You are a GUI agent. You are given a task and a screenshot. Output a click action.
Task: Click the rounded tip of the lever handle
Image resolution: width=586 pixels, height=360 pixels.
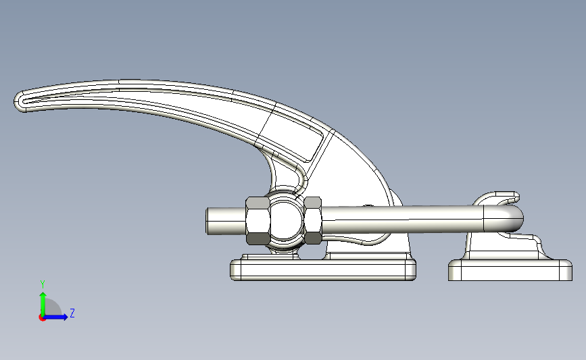20,101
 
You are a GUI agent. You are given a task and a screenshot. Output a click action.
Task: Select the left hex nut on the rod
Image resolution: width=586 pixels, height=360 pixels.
258,221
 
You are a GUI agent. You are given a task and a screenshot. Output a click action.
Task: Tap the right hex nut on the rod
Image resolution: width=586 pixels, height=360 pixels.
313,220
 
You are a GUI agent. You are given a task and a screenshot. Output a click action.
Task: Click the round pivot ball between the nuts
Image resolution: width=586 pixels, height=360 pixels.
285,220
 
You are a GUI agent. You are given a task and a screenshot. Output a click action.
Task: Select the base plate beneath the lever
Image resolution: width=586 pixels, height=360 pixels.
323,269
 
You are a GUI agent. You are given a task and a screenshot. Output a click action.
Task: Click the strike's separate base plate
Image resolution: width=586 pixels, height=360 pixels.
510,270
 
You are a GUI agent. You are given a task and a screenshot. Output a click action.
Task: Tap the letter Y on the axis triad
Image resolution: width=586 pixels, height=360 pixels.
43,284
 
